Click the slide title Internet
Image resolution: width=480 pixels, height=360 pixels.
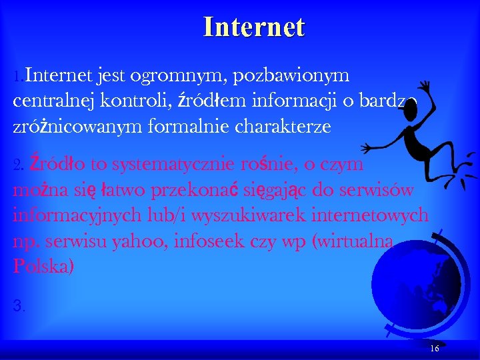pyautogui.click(x=254, y=27)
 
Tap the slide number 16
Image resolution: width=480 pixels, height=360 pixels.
pyautogui.click(x=435, y=349)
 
